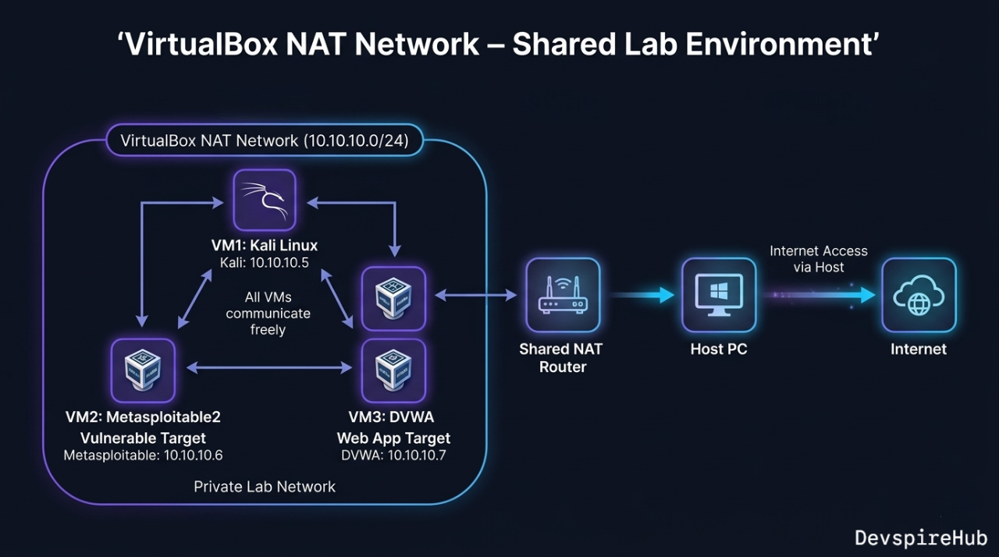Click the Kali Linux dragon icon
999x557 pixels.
[x=265, y=200]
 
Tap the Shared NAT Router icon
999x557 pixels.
[x=562, y=296]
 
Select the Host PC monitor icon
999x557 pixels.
[x=718, y=296]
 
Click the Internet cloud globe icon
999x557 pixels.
[x=918, y=296]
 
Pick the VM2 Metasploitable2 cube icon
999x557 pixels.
[x=143, y=370]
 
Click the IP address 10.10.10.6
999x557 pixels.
[x=194, y=456]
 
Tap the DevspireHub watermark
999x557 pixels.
[x=921, y=537]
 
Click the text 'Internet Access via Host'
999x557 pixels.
[x=818, y=258]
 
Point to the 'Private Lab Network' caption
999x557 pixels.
[x=265, y=487]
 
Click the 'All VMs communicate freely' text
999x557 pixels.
[x=268, y=312]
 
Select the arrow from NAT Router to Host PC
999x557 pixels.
[x=642, y=295]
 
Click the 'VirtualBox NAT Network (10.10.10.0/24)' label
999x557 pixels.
[x=265, y=141]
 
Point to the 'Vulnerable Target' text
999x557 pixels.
[x=143, y=438]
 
